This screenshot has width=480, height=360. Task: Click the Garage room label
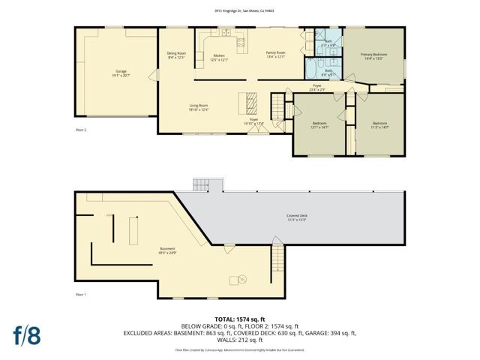click(116, 73)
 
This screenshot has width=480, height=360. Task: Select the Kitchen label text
click(218, 56)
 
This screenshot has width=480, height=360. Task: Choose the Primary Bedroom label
click(373, 56)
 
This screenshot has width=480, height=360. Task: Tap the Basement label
click(168, 250)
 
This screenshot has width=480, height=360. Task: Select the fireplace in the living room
click(251, 101)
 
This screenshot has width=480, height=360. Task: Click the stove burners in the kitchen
click(241, 44)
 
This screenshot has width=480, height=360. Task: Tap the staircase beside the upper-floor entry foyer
click(279, 101)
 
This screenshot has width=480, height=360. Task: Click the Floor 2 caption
click(81, 130)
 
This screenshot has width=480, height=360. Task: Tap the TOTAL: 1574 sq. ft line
click(240, 319)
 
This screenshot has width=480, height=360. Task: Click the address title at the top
click(240, 10)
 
